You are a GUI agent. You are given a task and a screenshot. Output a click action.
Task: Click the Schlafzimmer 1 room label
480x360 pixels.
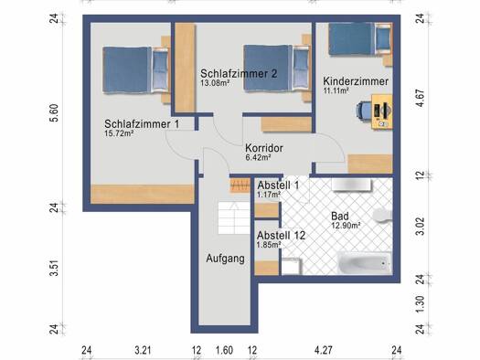[142, 124]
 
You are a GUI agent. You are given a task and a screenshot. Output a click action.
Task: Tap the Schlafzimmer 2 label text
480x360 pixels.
[239, 74]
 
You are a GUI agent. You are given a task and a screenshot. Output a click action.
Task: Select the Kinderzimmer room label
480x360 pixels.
[356, 81]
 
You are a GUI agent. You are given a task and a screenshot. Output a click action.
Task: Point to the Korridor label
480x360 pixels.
[264, 148]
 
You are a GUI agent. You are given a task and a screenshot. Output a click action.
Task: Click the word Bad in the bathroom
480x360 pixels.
[340, 217]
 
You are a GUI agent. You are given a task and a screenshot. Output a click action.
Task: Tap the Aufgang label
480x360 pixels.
[225, 259]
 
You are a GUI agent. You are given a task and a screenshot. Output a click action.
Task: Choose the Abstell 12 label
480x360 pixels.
[281, 236]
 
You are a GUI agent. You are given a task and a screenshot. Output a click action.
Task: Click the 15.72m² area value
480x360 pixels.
[119, 133]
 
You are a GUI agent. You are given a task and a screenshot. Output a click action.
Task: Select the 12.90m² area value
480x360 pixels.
[346, 226]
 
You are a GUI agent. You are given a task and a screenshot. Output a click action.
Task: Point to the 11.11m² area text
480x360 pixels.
[336, 90]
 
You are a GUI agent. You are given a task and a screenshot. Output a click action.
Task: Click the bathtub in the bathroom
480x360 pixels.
[365, 263]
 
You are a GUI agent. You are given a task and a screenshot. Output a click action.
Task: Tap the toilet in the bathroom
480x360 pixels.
[383, 214]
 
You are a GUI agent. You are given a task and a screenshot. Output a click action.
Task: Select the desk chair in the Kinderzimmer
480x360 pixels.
[364, 110]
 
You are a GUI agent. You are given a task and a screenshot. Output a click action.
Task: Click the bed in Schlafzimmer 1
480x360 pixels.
[135, 70]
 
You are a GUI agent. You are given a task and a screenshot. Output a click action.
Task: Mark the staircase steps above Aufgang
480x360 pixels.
[234, 217]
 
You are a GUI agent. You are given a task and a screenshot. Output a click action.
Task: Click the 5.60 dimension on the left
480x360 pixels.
[54, 113]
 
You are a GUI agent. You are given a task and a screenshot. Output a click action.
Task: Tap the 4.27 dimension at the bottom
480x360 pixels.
[324, 350]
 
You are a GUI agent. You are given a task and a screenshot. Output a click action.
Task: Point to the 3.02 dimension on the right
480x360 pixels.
[421, 226]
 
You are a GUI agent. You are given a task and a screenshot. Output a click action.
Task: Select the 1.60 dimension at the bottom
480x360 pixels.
[224, 350]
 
